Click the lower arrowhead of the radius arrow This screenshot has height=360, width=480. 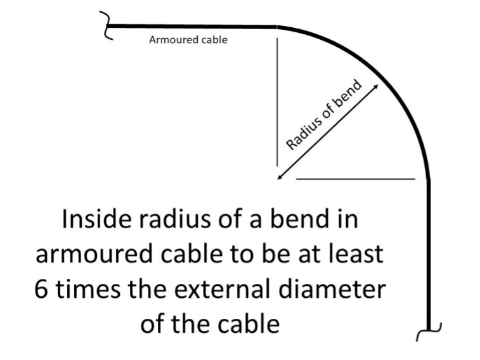coord(280,178)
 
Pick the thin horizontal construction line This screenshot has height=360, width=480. coord(355,179)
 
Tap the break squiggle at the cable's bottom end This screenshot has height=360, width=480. coord(431,330)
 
